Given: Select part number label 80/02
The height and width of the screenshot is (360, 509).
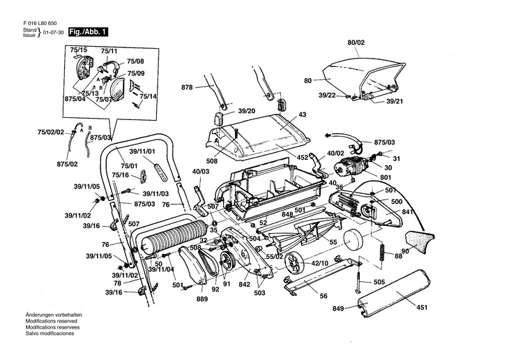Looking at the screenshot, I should point(356,43).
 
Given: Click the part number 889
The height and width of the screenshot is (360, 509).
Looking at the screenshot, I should point(202,299).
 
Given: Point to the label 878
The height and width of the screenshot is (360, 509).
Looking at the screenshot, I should point(188,87).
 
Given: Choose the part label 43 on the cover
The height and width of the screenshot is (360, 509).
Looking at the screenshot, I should point(303,114).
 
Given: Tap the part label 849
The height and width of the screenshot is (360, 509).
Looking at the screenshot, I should point(338,308).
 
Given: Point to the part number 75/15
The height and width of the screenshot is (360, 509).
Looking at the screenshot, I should point(77,51).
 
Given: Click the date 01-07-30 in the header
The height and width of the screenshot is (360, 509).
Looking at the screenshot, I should point(53,33).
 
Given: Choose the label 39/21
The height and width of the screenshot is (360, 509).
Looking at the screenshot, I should point(394,101).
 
